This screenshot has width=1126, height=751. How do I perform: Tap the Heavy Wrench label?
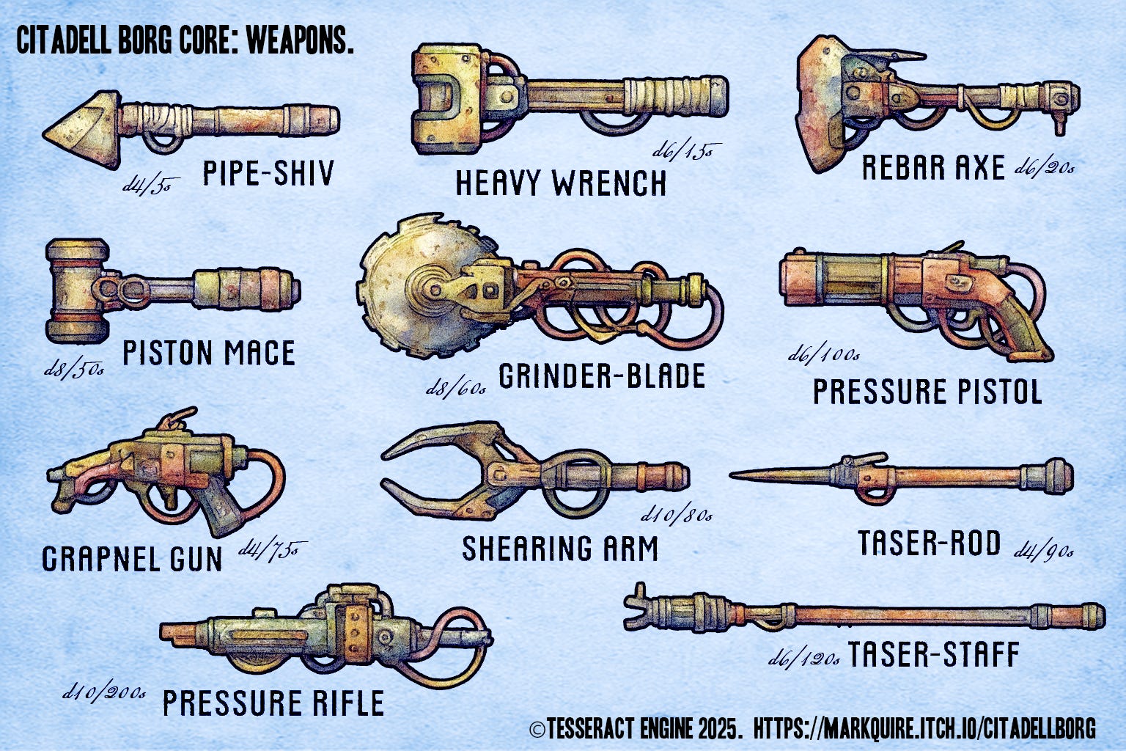click(561, 183)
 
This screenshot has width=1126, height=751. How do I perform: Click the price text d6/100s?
click(823, 356)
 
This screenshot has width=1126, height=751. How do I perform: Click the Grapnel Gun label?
click(132, 559)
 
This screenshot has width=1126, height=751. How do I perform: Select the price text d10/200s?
click(103, 692)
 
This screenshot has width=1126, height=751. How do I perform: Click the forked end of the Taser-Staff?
click(636, 607)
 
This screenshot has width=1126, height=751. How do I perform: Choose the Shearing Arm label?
click(560, 549)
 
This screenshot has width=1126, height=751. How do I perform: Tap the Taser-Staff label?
click(933, 654)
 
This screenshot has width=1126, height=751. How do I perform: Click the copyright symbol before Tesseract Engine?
click(537, 729)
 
